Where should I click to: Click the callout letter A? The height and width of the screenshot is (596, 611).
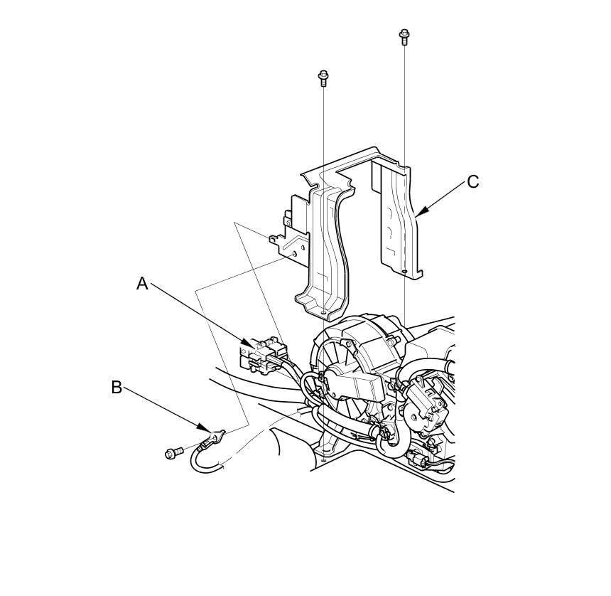pyautogui.click(x=142, y=284)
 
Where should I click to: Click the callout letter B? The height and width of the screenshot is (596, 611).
pyautogui.click(x=117, y=388)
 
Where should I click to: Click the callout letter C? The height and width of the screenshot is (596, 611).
pyautogui.click(x=473, y=182)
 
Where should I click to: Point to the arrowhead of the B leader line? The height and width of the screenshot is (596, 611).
pyautogui.click(x=211, y=431)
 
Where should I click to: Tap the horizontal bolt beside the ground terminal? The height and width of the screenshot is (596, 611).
pyautogui.click(x=173, y=451)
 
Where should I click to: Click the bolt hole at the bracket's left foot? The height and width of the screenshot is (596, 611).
pyautogui.click(x=324, y=311)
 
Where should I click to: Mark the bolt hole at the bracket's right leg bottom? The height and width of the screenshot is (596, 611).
pyautogui.click(x=404, y=271)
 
